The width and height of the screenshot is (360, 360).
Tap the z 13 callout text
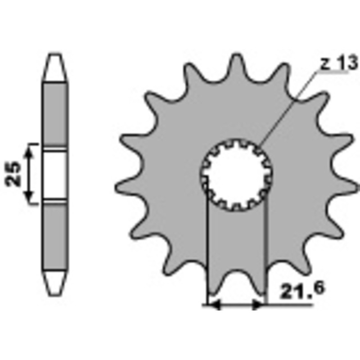337,64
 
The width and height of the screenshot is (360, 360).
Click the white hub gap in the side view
55,174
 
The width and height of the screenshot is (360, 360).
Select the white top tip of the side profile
55,67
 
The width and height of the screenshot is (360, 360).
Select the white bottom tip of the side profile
55,281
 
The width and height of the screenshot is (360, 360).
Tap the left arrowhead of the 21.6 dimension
214,305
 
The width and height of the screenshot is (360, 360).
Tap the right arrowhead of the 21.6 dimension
258,305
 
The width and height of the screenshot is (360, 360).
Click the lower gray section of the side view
55,234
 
